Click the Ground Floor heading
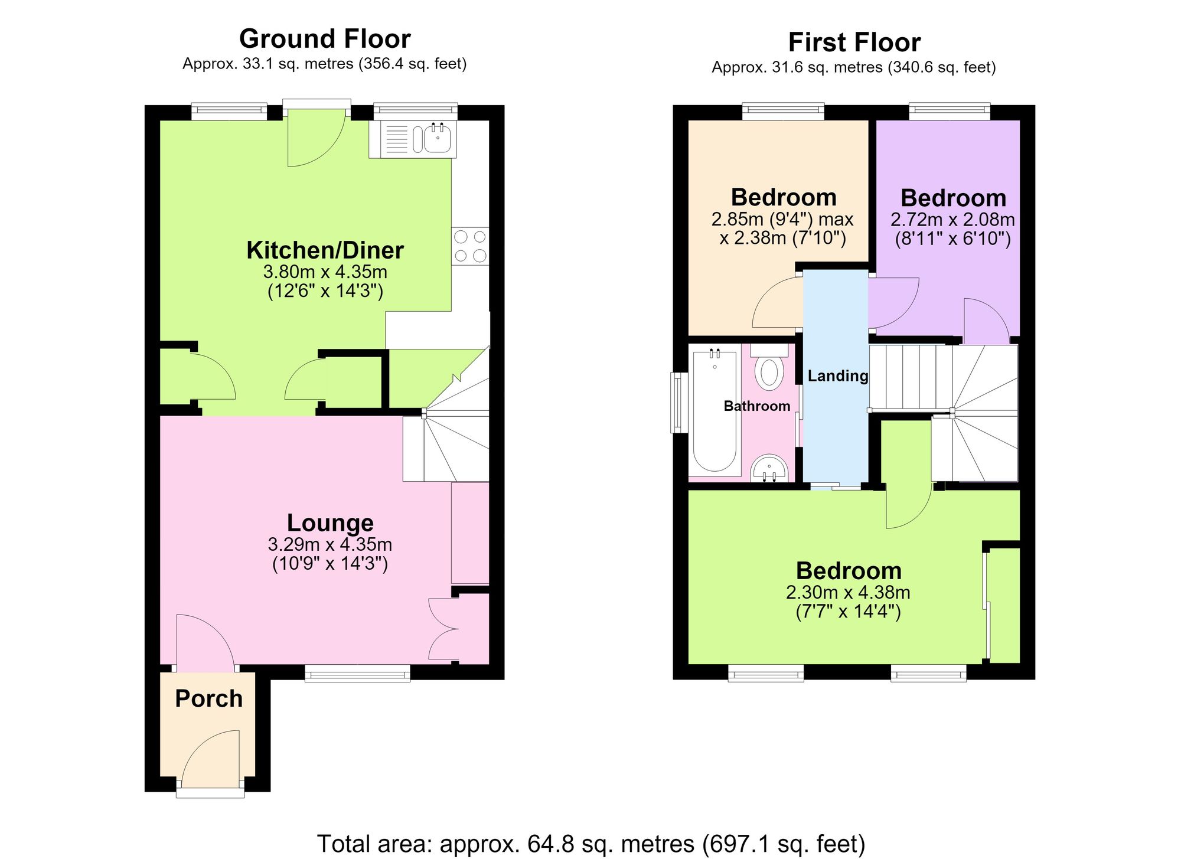[325, 39]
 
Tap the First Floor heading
[854, 43]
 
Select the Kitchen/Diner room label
[325, 250]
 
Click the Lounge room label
[330, 522]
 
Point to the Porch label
[209, 698]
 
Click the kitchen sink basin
[437, 139]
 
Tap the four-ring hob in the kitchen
[471, 246]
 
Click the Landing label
[838, 376]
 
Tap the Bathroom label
[757, 406]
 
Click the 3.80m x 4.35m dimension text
[325, 272]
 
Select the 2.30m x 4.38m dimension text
[848, 592]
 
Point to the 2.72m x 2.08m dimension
[952, 220]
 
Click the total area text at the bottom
[591, 844]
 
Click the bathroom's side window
[677, 402]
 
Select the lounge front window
[357, 674]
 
